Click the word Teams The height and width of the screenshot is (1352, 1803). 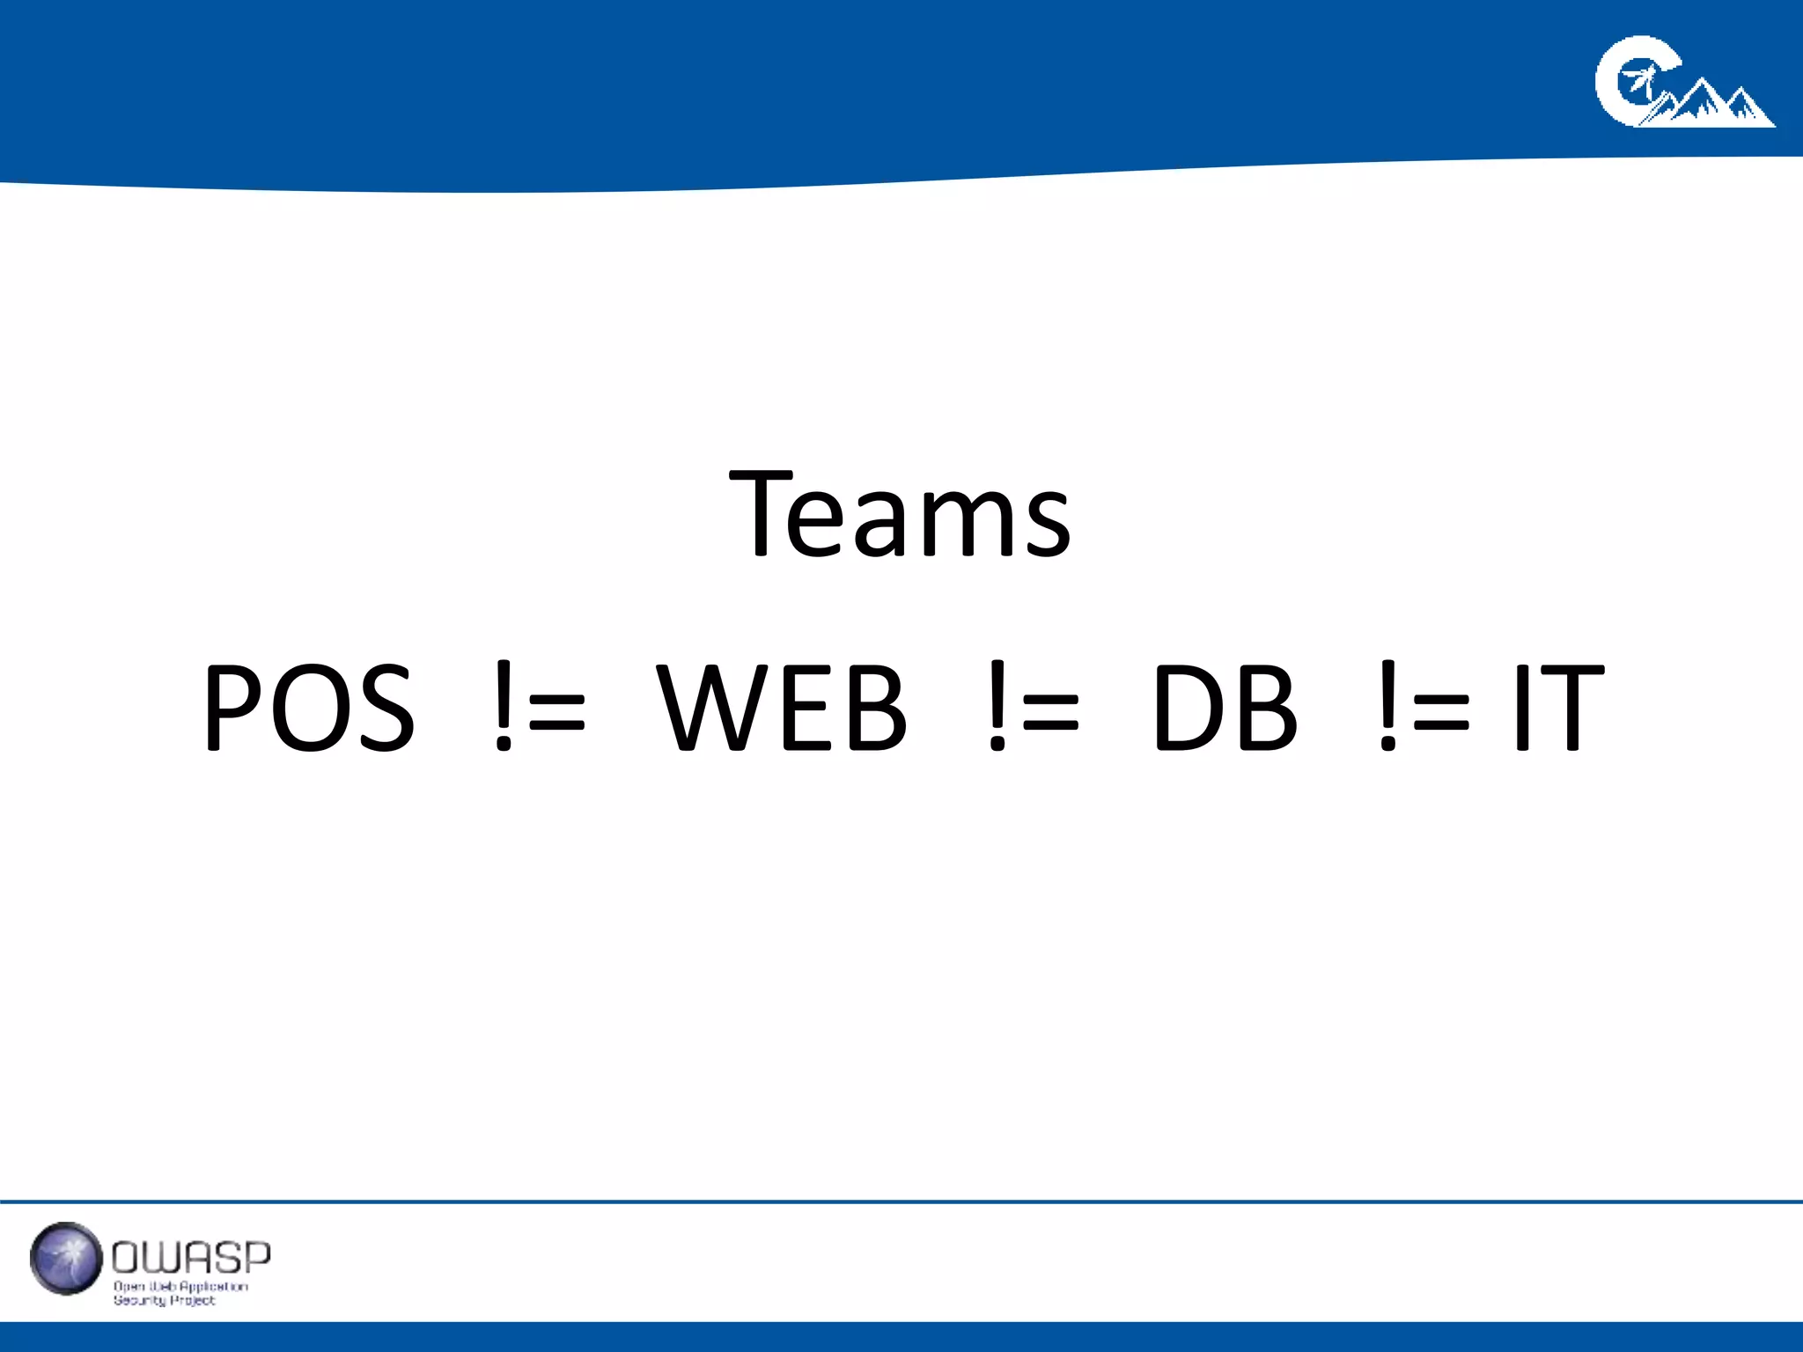(900, 515)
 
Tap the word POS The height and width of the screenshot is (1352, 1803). (309, 709)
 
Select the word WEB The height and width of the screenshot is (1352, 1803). (782, 709)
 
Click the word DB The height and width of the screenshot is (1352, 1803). (1225, 709)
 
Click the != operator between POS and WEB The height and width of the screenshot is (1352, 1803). (540, 709)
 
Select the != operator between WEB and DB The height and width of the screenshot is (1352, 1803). (1033, 709)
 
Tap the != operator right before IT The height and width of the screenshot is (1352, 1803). (1424, 709)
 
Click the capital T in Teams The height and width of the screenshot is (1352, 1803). (762, 515)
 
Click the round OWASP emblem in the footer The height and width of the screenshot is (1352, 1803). (66, 1258)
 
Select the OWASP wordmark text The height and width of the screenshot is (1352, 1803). (191, 1258)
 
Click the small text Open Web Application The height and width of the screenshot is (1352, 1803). (180, 1286)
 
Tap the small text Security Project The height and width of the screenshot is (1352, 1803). (164, 1300)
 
